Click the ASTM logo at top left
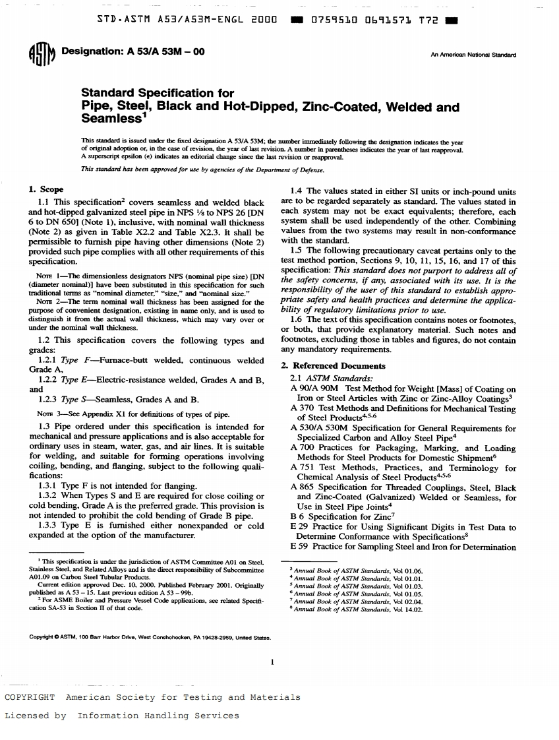click(x=45, y=55)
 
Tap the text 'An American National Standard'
click(x=473, y=53)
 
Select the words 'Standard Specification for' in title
click(x=156, y=93)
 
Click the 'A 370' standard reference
click(x=301, y=408)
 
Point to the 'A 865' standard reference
click(x=301, y=487)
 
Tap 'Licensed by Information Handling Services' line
click(x=122, y=715)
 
